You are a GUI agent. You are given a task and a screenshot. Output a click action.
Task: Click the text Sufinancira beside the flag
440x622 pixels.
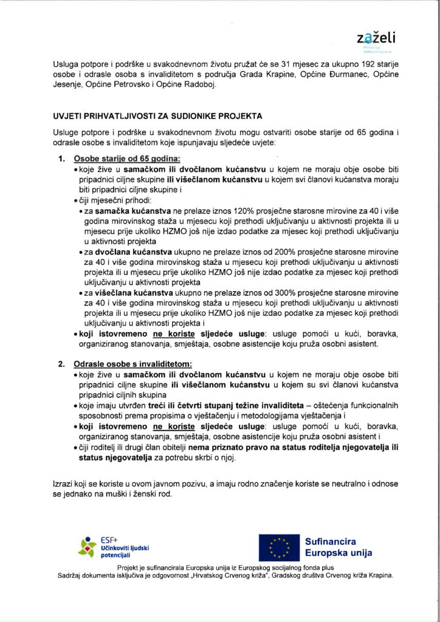(331, 541)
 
